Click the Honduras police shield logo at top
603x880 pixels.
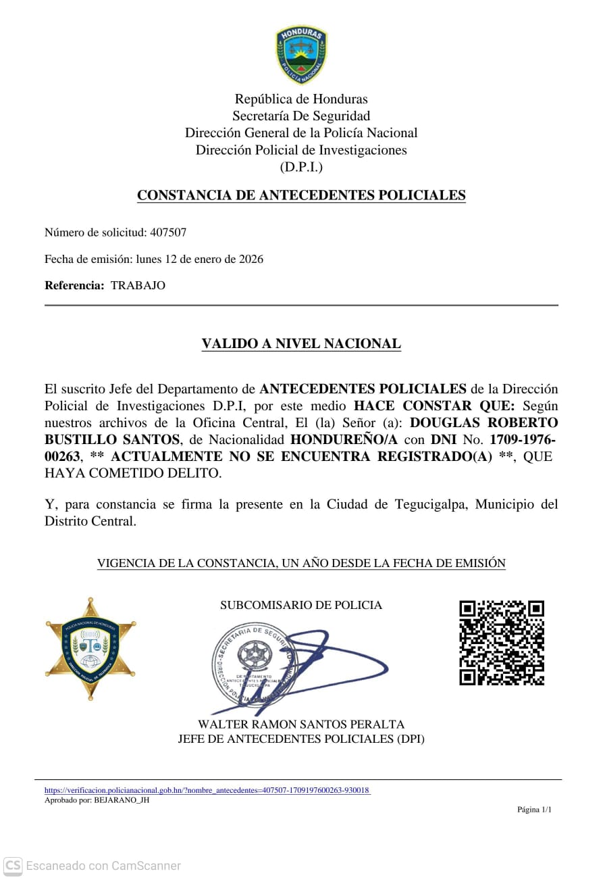click(301, 55)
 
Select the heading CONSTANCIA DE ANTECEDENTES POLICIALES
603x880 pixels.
click(301, 195)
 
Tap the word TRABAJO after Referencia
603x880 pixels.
click(138, 285)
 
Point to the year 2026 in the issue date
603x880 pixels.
click(251, 259)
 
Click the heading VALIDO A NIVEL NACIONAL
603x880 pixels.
click(301, 343)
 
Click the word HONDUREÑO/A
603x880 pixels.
click(344, 440)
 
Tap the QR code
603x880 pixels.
click(502, 643)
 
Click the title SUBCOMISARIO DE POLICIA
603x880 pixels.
click(301, 605)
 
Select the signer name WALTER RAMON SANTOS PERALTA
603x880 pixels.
click(301, 725)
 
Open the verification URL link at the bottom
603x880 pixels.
click(207, 790)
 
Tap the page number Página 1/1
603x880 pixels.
click(534, 810)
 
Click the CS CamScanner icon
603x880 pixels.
click(13, 865)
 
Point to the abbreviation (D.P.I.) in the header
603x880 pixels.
click(301, 167)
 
